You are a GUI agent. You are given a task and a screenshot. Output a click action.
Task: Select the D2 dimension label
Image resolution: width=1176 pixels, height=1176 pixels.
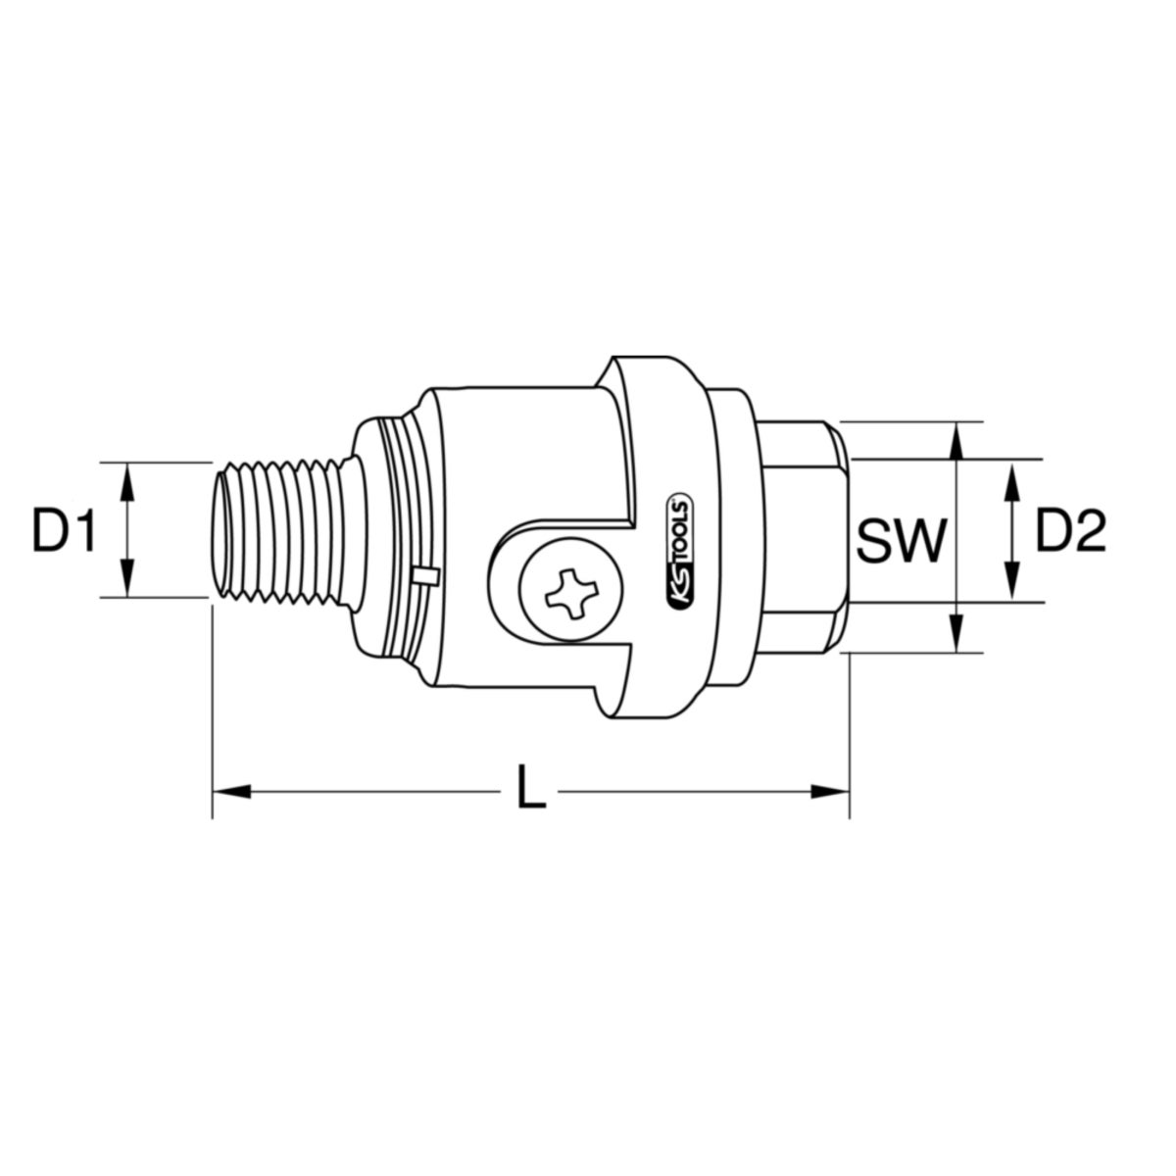1070,532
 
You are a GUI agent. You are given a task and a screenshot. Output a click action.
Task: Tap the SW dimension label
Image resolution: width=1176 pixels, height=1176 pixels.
901,540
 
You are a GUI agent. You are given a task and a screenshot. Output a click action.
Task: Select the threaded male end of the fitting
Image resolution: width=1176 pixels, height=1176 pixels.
279,529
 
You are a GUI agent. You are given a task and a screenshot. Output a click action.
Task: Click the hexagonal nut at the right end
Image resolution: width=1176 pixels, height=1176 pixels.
799,537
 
